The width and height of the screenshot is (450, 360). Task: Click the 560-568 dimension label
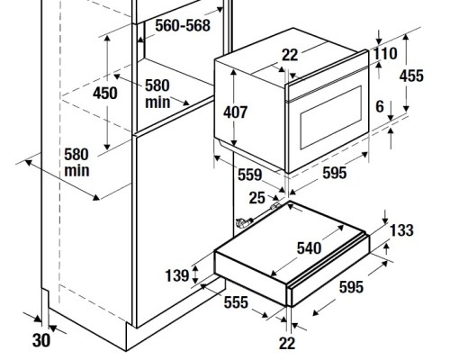tap(183, 25)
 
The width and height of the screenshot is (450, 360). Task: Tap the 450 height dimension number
tap(105, 93)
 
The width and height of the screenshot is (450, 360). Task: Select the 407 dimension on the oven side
tap(235, 112)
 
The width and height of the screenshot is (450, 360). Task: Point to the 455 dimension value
tap(411, 76)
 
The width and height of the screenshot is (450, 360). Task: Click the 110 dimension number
tap(385, 54)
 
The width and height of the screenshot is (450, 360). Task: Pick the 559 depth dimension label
tap(250, 175)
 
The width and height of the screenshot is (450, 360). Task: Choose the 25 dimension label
tap(257, 198)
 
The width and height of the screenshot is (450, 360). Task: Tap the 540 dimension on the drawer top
tap(309, 248)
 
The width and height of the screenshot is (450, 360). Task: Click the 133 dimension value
tap(401, 230)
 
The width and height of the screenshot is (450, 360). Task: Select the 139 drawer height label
tap(177, 275)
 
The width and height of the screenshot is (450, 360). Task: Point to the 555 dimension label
tap(236, 302)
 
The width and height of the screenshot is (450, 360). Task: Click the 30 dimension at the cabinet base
tap(41, 340)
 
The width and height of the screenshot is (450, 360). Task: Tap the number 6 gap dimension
tap(380, 106)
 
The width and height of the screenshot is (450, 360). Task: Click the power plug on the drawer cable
tap(244, 222)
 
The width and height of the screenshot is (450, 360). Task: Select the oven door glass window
tap(331, 117)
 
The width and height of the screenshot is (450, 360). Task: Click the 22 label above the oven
tap(290, 55)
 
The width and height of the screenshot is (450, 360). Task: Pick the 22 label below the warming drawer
tap(287, 343)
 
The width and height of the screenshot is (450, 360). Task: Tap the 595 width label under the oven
tap(335, 173)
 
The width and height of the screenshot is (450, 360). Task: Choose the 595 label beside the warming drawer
tap(351, 287)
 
